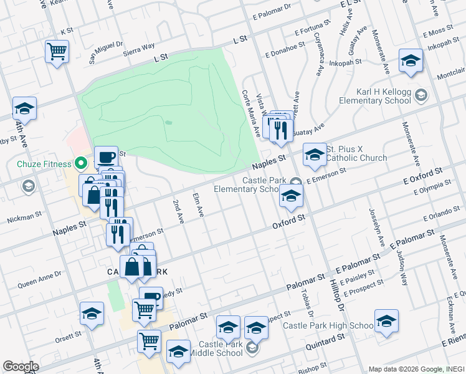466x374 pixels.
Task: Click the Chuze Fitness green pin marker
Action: [80, 165]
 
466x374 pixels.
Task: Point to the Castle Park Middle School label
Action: [212, 348]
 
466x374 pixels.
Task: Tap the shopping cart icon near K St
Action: [57, 50]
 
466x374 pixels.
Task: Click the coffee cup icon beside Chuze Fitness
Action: [106, 157]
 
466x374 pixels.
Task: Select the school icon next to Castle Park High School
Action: [386, 320]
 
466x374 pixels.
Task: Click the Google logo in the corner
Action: [21, 367]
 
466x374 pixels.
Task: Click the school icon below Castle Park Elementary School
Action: [290, 195]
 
